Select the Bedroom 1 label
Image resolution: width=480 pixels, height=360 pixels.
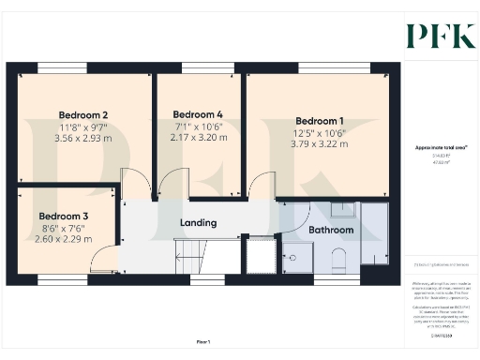(320, 120)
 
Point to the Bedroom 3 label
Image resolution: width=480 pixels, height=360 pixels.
(64, 215)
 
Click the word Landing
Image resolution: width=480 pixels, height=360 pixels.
(199, 223)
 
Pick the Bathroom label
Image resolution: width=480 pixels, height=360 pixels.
(332, 230)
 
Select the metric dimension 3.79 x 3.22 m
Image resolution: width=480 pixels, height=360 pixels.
(320, 144)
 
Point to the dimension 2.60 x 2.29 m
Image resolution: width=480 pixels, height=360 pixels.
(64, 239)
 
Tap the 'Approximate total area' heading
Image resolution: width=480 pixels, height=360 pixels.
(441, 147)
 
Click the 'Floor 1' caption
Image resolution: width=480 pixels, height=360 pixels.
(203, 342)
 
